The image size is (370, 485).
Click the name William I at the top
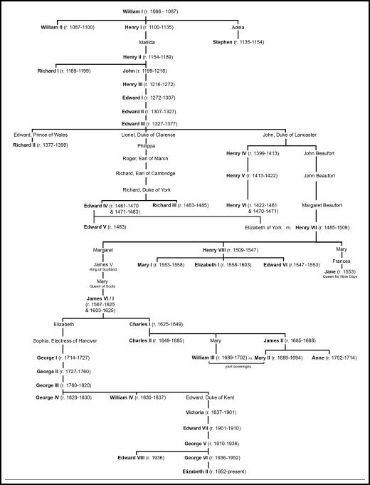[x=132, y=11]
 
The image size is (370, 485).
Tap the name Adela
[x=238, y=27]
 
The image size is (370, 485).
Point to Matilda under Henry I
[x=147, y=43]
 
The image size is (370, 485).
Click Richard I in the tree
[x=48, y=71]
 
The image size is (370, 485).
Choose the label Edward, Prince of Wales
[x=41, y=135]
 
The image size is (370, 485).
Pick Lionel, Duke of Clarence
[x=148, y=135]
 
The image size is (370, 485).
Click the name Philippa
[x=146, y=146]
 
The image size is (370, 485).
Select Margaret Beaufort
[x=322, y=205]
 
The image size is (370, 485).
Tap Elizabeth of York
[x=263, y=227]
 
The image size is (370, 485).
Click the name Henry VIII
[x=214, y=250]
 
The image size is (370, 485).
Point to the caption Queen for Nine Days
[x=340, y=276]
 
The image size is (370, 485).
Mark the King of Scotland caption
[x=103, y=269]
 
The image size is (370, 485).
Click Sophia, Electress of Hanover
[x=65, y=340]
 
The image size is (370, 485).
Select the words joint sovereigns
[x=238, y=367]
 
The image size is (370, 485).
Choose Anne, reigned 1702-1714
[x=334, y=358]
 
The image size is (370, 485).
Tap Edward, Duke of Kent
[x=210, y=397]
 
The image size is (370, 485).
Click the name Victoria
[x=195, y=412]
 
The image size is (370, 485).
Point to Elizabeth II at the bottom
[x=195, y=471]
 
